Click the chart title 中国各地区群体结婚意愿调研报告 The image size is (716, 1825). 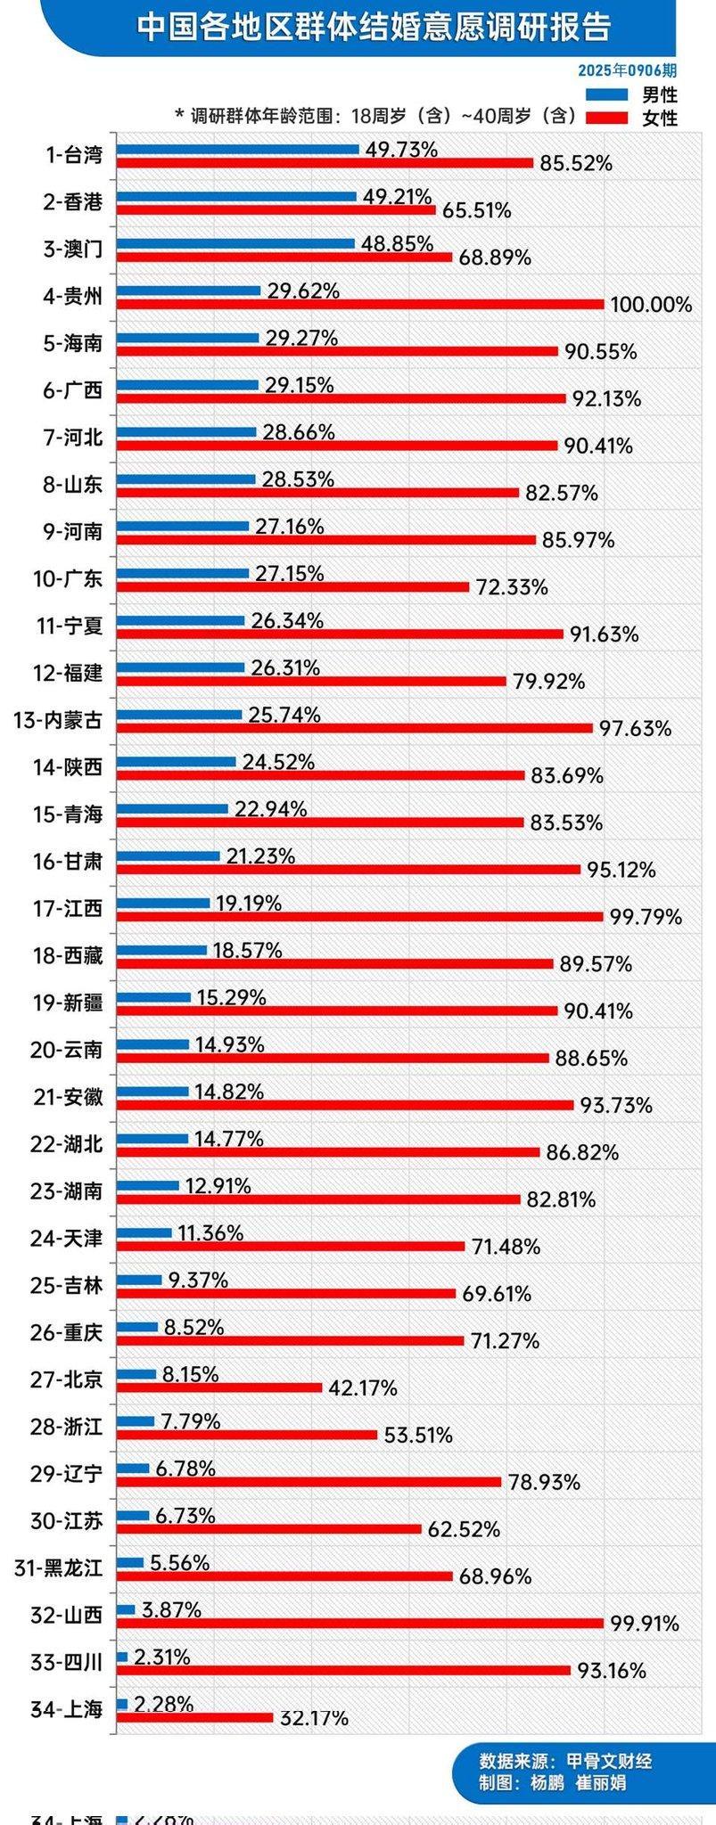click(x=374, y=27)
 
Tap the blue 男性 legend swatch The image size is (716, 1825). click(x=607, y=94)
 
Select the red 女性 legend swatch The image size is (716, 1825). click(x=607, y=117)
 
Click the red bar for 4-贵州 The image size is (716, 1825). click(x=361, y=304)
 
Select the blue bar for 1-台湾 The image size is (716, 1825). click(x=238, y=150)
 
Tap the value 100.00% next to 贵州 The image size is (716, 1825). click(x=651, y=305)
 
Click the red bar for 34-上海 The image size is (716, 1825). click(x=195, y=1717)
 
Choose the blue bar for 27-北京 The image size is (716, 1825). click(x=137, y=1374)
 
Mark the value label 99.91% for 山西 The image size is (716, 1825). click(x=645, y=1624)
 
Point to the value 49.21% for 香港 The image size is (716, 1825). click(x=397, y=196)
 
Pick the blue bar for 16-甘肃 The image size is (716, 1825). click(x=169, y=856)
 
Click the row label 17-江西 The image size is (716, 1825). click(x=68, y=909)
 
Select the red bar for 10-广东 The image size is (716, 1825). click(x=293, y=586)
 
